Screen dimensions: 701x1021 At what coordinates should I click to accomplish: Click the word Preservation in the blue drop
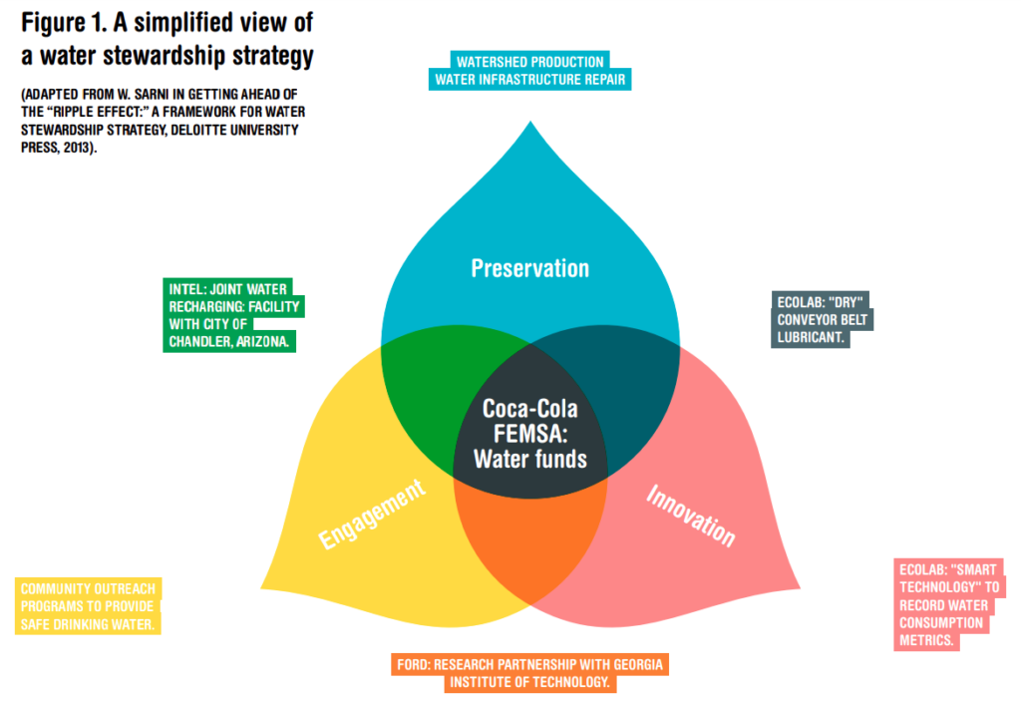529,268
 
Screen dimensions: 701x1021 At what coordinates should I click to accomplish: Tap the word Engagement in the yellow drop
373,514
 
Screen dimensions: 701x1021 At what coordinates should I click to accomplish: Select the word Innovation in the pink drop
690,515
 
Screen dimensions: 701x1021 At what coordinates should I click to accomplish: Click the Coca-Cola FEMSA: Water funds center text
529,434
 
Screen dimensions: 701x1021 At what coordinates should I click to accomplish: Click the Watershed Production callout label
529,62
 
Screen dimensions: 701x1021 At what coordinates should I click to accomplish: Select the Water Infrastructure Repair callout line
530,80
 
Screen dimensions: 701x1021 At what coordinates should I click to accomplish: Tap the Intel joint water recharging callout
234,315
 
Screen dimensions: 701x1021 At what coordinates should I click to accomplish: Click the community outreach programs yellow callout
89,606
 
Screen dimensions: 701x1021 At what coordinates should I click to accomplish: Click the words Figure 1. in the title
63,24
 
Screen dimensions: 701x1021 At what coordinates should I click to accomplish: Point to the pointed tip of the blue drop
530,123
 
